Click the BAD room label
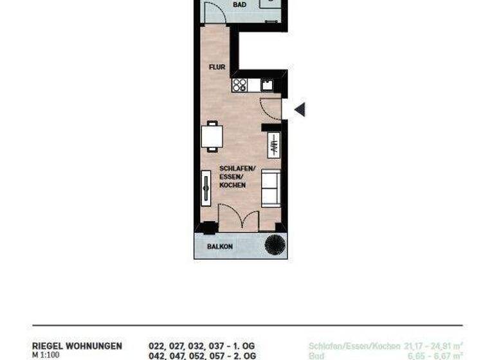pyautogui.click(x=221, y=4)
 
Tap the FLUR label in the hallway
pyautogui.click(x=216, y=67)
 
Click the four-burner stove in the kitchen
pyautogui.click(x=240, y=85)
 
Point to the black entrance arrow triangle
pyautogui.click(x=299, y=110)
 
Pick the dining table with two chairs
pyautogui.click(x=212, y=136)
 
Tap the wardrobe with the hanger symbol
pyautogui.click(x=273, y=145)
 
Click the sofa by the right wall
pyautogui.click(x=271, y=188)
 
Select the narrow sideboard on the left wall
pyautogui.click(x=206, y=188)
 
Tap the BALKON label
pyautogui.click(x=219, y=246)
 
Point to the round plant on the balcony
pyautogui.click(x=275, y=245)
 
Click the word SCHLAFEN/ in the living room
pyautogui.click(x=237, y=168)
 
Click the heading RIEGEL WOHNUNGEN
pyautogui.click(x=77, y=346)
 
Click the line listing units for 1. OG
pyautogui.click(x=203, y=346)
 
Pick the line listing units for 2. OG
pyautogui.click(x=203, y=355)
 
